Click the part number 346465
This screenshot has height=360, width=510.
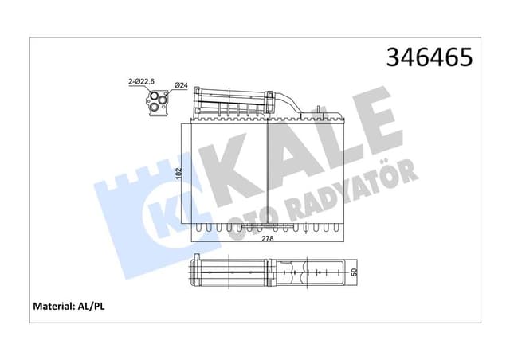(x=430, y=57)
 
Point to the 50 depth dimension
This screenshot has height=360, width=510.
(x=354, y=272)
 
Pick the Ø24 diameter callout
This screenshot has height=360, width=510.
(x=180, y=85)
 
